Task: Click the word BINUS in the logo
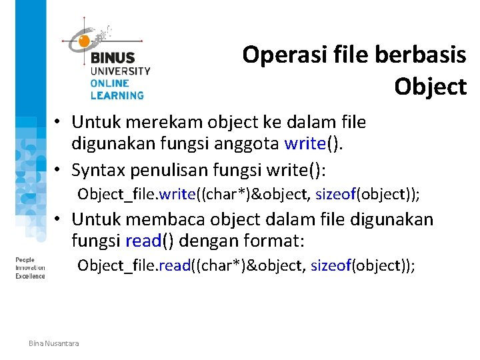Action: click(x=113, y=58)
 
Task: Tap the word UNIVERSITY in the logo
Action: click(x=121, y=71)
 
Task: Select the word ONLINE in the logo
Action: click(x=110, y=83)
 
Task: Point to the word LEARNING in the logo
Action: click(x=117, y=95)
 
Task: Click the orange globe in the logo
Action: click(x=84, y=41)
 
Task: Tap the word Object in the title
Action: click(x=430, y=86)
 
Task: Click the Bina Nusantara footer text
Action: click(x=53, y=343)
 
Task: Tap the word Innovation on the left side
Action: click(x=30, y=267)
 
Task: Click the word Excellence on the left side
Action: click(x=30, y=275)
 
